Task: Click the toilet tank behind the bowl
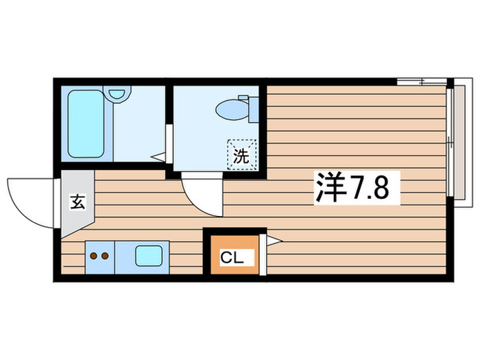[253, 109]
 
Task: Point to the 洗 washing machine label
[241, 156]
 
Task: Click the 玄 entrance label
[77, 203]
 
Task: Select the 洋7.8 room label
[357, 187]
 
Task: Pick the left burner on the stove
[94, 257]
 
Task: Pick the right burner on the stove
[105, 257]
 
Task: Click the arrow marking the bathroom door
[158, 156]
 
